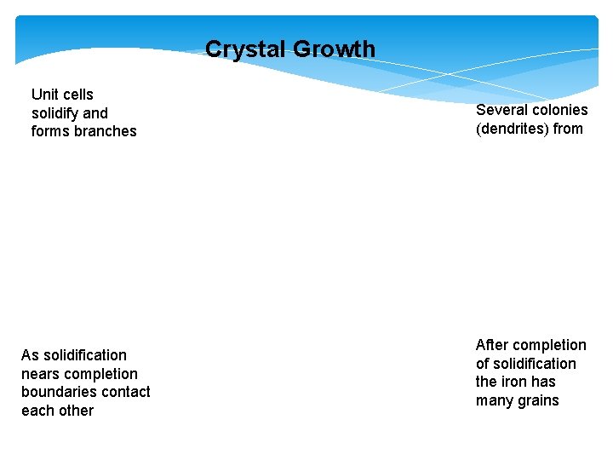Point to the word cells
pyautogui.click(x=79, y=95)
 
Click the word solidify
pyautogui.click(x=56, y=113)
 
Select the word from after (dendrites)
pyautogui.click(x=568, y=129)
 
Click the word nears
pyautogui.click(x=40, y=374)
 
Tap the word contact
pyautogui.click(x=124, y=392)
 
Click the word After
pyautogui.click(x=491, y=345)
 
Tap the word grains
pyautogui.click(x=539, y=400)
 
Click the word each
pyautogui.click(x=37, y=411)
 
